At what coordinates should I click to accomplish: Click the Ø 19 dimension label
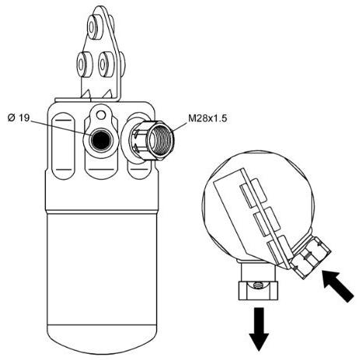tap(19, 118)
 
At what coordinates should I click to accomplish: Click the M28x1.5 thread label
tap(208, 118)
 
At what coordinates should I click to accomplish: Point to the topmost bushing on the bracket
tap(94, 26)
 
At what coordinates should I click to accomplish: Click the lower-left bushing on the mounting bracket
tap(84, 64)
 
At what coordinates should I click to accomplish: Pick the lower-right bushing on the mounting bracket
tap(106, 64)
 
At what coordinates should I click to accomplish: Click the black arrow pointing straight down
tap(259, 329)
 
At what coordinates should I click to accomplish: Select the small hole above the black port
tap(102, 114)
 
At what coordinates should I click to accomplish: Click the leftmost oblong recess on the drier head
tap(64, 145)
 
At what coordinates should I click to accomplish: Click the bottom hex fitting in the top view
tap(258, 291)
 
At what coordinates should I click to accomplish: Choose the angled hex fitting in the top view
tap(310, 257)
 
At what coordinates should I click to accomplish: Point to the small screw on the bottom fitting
tap(257, 285)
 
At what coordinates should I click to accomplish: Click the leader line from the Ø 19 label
tap(61, 128)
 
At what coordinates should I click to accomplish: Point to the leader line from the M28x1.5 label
tap(180, 128)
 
